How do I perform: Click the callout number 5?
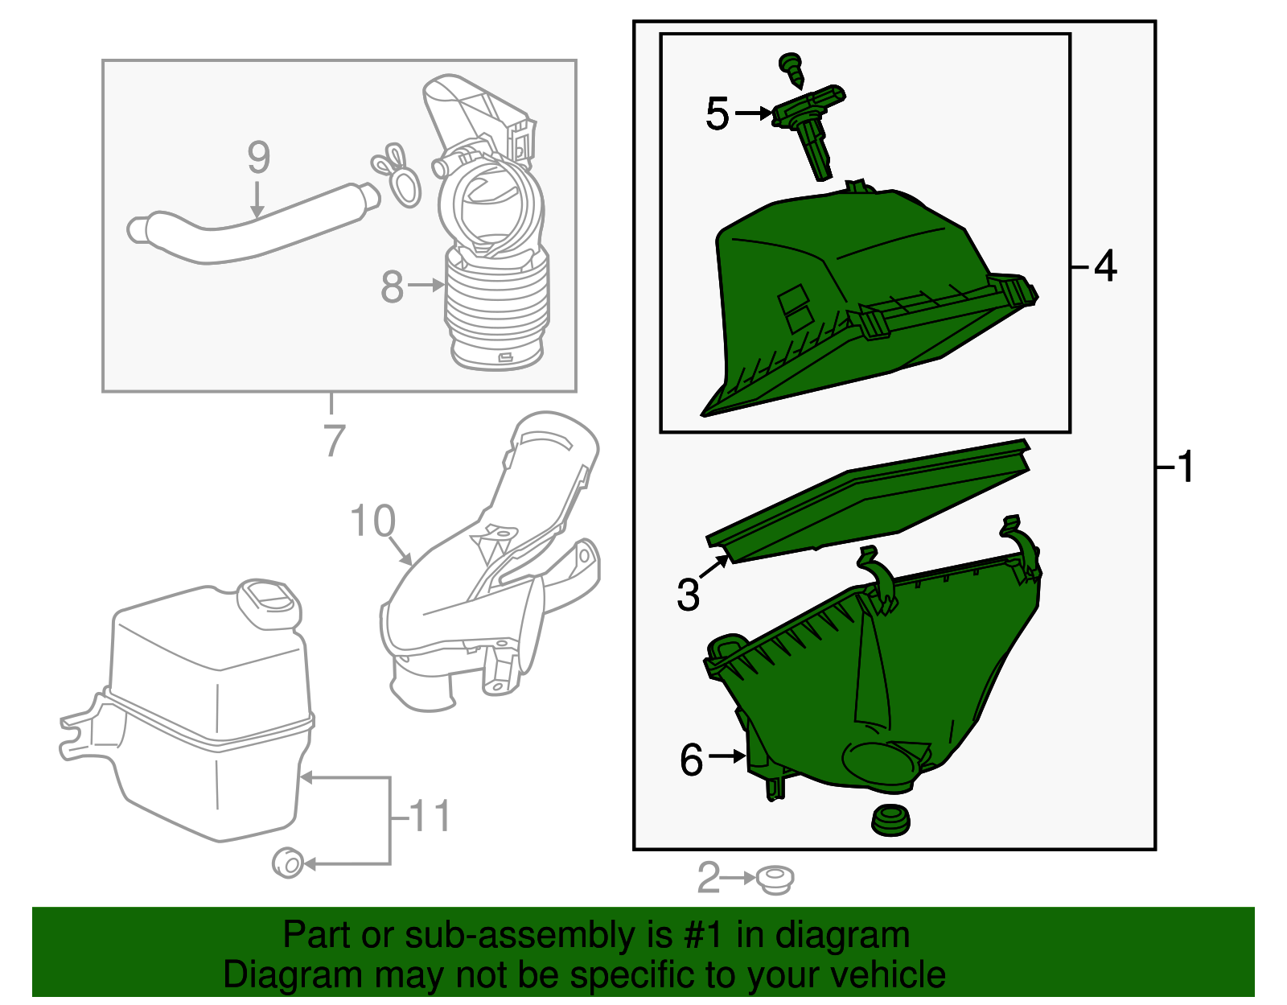pyautogui.click(x=717, y=113)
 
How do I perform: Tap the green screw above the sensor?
pyautogui.click(x=792, y=70)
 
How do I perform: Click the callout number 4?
pyautogui.click(x=1105, y=266)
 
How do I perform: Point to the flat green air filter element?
pyautogui.click(x=869, y=500)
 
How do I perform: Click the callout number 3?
pyautogui.click(x=688, y=595)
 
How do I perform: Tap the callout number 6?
pyautogui.click(x=691, y=760)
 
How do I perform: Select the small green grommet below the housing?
pyautogui.click(x=890, y=820)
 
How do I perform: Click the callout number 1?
pyautogui.click(x=1184, y=467)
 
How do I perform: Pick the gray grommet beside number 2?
pyautogui.click(x=775, y=879)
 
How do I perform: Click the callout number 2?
pyautogui.click(x=708, y=878)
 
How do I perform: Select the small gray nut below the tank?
pyautogui.click(x=287, y=863)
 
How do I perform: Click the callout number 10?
pyautogui.click(x=373, y=521)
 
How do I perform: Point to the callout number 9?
pyautogui.click(x=258, y=157)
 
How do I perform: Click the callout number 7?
pyautogui.click(x=334, y=441)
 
